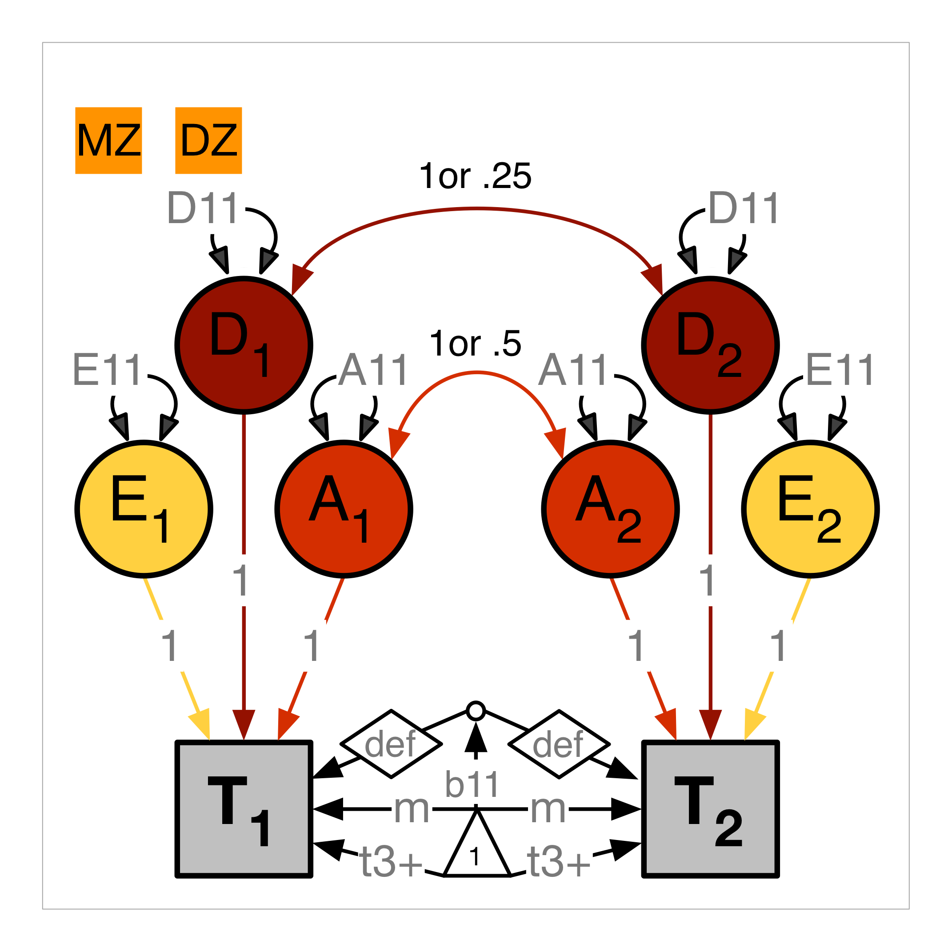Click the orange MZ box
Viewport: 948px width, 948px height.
pyautogui.click(x=108, y=140)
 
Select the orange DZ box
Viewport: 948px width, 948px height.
pyautogui.click(x=208, y=140)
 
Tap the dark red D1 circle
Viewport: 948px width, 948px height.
pyautogui.click(x=244, y=345)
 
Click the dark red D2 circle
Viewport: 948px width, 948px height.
pyautogui.click(x=710, y=345)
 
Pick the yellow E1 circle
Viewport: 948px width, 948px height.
pyautogui.click(x=144, y=509)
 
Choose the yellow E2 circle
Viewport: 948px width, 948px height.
pyautogui.click(x=810, y=509)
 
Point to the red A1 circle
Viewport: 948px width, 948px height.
pyautogui.click(x=344, y=509)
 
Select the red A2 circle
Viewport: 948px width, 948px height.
pyautogui.click(x=610, y=509)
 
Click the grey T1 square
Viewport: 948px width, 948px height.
pyautogui.click(x=244, y=808)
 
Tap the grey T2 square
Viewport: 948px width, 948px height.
pyautogui.click(x=710, y=808)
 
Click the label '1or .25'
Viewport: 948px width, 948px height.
pyautogui.click(x=475, y=176)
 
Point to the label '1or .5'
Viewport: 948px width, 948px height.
pyautogui.click(x=475, y=344)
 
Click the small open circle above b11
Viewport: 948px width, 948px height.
pyautogui.click(x=476, y=711)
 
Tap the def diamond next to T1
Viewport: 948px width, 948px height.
pyautogui.click(x=391, y=744)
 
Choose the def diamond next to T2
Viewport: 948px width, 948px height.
pyautogui.click(x=559, y=744)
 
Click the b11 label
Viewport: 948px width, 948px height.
pyautogui.click(x=472, y=784)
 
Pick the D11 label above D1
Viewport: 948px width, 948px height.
pyautogui.click(x=203, y=208)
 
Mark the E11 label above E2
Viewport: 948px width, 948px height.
pyautogui.click(x=840, y=370)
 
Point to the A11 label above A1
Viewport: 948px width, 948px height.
pyautogui.click(x=373, y=370)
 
